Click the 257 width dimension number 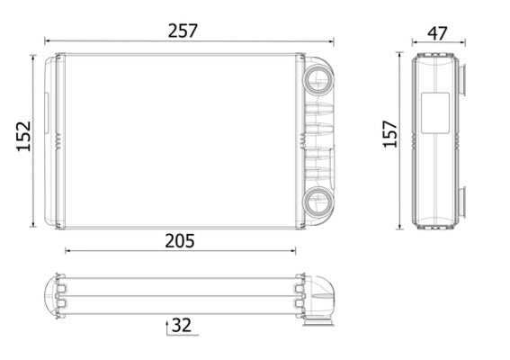point(183,30)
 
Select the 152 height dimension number point(23,136)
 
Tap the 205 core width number point(179,240)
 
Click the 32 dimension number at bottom point(181,323)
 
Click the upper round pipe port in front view point(318,76)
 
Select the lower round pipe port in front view point(318,201)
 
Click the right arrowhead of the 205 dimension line point(298,252)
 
